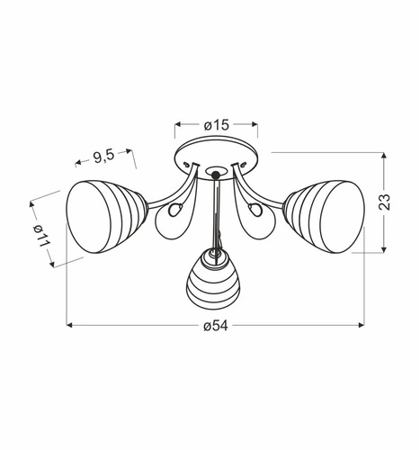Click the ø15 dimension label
pyautogui.click(x=216, y=126)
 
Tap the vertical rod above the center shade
pyautogui.click(x=215, y=211)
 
